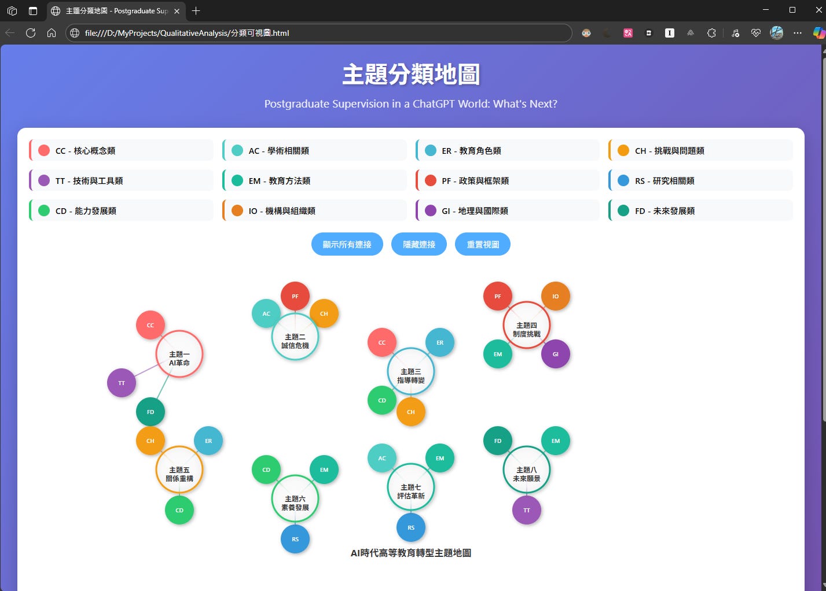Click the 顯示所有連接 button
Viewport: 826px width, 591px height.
click(347, 244)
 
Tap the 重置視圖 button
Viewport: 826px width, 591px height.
click(483, 244)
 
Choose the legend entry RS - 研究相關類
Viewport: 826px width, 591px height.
click(700, 180)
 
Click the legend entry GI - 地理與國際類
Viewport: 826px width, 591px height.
click(508, 210)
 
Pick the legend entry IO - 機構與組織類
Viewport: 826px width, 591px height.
click(314, 210)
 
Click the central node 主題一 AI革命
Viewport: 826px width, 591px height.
click(179, 354)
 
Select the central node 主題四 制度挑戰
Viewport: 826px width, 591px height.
click(527, 325)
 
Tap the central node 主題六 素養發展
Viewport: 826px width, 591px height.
click(295, 498)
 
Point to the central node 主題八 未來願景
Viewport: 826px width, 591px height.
click(527, 470)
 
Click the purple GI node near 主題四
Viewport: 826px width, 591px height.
click(556, 354)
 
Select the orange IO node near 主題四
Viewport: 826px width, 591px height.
click(556, 296)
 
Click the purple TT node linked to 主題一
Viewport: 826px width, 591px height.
click(122, 383)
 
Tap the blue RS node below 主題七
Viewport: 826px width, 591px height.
click(411, 527)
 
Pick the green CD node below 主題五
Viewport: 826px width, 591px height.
click(179, 510)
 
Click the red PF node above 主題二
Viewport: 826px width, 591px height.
click(295, 296)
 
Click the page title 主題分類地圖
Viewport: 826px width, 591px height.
click(411, 75)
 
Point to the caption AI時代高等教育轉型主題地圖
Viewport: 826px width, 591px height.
click(411, 553)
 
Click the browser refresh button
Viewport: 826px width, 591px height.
click(31, 33)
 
